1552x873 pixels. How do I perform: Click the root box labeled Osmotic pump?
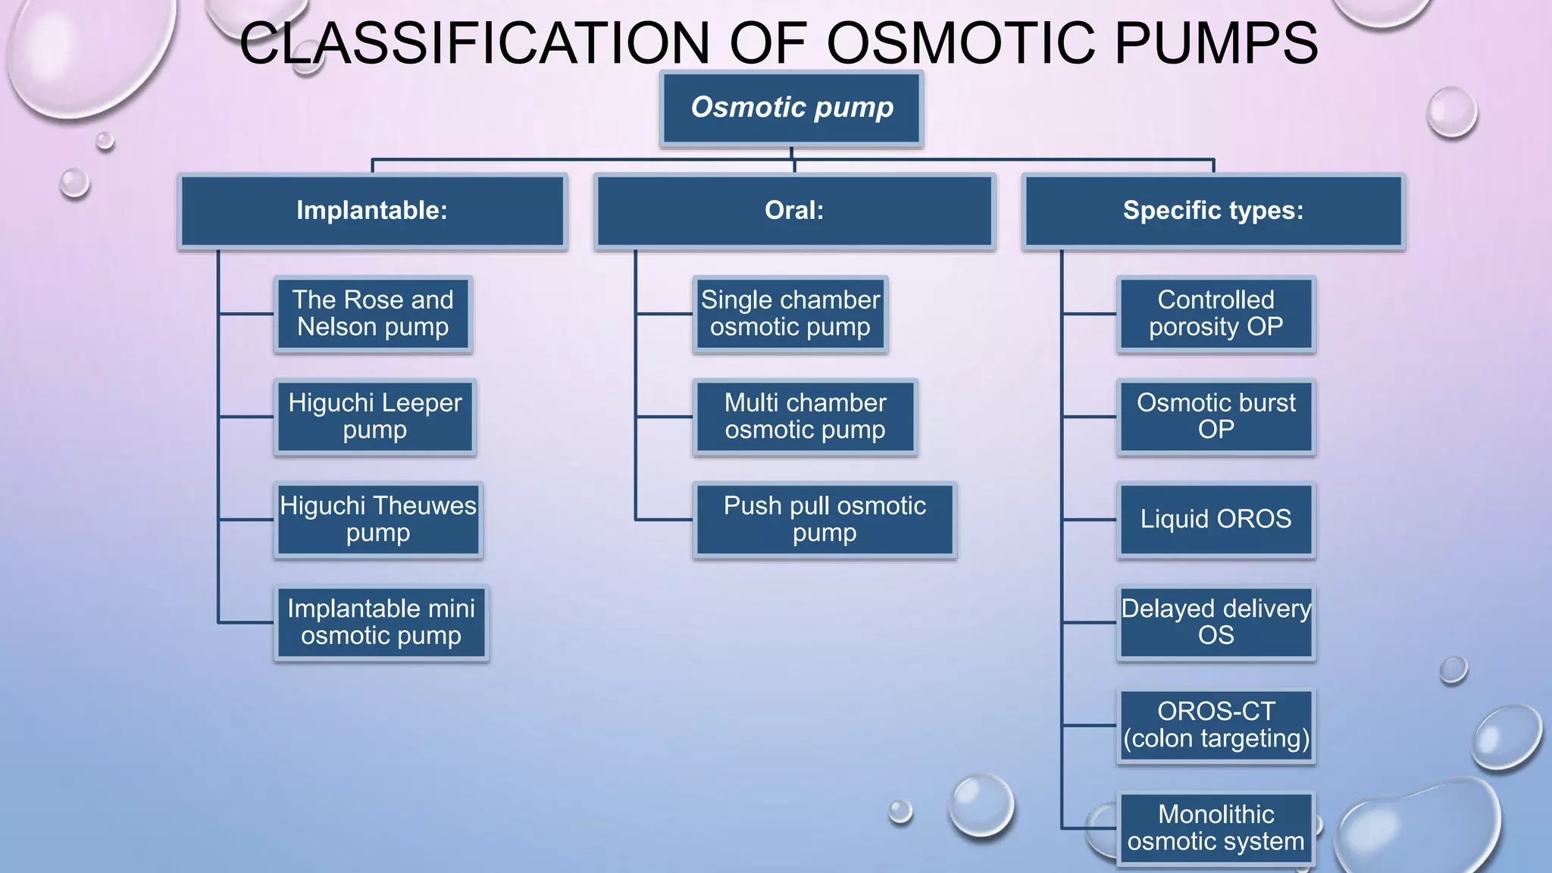point(791,108)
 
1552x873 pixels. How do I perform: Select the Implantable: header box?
point(372,211)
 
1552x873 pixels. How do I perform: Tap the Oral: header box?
point(794,211)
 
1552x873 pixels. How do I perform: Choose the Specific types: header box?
point(1213,211)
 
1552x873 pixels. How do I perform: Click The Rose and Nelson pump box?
point(373,314)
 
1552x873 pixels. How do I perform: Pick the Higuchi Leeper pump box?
point(375,417)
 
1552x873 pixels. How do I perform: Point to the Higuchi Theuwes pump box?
point(378,520)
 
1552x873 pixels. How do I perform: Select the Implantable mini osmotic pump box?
point(381,623)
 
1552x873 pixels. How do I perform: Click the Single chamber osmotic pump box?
point(790,314)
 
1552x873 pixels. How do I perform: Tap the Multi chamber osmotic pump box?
point(806,417)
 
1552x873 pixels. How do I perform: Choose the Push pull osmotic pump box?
point(824,520)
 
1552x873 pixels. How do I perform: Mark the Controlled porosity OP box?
point(1216,314)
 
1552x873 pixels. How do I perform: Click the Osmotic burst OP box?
point(1216,417)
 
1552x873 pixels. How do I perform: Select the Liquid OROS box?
point(1216,520)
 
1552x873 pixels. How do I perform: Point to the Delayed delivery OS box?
point(1216,623)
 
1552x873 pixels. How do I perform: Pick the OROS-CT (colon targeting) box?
point(1216,726)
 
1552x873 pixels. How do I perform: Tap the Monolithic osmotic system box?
point(1216,828)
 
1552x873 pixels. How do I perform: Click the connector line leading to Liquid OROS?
point(1090,520)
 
